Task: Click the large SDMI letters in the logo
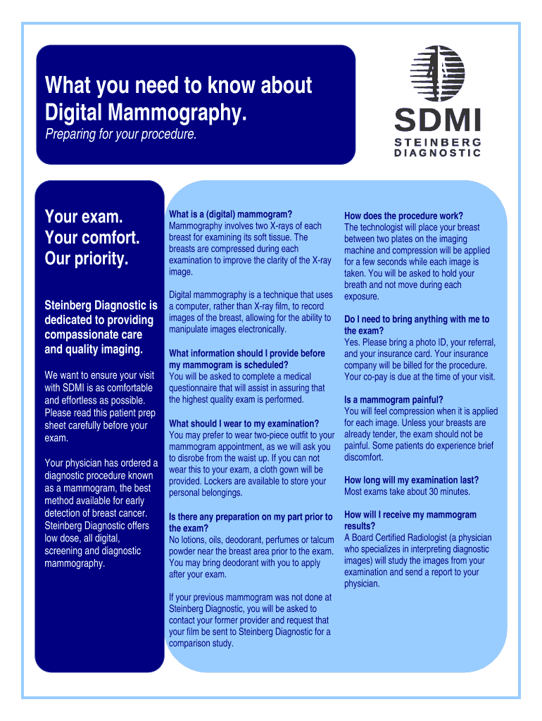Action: [437, 119]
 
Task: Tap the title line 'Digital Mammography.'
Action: [146, 111]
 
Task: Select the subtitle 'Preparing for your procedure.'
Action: [121, 134]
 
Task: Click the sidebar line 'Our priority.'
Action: [87, 259]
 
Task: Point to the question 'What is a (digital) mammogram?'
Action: [230, 214]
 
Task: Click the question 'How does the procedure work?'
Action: [403, 215]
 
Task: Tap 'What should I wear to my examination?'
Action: [244, 423]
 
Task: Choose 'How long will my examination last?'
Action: [411, 479]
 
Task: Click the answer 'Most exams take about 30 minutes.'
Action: [407, 491]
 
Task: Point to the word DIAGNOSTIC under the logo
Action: [437, 153]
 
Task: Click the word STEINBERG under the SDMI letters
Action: [437, 142]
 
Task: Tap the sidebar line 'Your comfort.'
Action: [92, 237]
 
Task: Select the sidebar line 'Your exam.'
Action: [84, 215]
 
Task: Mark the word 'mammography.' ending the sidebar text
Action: [75, 563]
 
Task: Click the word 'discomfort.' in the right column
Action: [364, 457]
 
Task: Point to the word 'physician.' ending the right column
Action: [362, 584]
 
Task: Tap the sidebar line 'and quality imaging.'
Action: [94, 349]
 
